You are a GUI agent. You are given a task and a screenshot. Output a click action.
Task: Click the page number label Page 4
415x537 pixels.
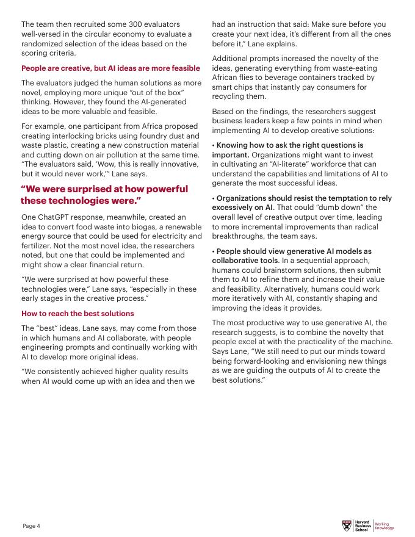[32, 525]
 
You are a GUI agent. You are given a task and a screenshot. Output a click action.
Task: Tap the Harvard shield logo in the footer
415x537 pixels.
[348, 525]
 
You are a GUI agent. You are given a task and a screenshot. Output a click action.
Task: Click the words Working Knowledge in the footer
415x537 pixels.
[384, 525]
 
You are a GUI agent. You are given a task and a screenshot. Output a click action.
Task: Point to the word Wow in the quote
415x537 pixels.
[96, 164]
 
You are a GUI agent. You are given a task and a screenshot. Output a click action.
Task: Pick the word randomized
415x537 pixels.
[46, 44]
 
